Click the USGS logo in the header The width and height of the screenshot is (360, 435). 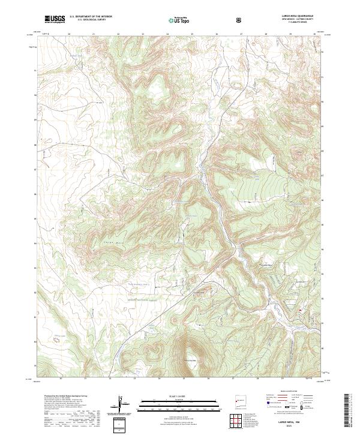click(x=55, y=20)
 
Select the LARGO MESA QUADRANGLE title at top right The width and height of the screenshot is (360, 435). click(x=297, y=16)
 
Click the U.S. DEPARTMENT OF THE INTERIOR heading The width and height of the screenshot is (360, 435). click(x=91, y=17)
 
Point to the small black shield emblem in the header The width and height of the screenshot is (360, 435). click(x=240, y=20)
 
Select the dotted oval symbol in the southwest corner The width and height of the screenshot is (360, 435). click(x=58, y=338)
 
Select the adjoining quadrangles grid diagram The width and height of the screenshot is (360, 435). click(x=238, y=422)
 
